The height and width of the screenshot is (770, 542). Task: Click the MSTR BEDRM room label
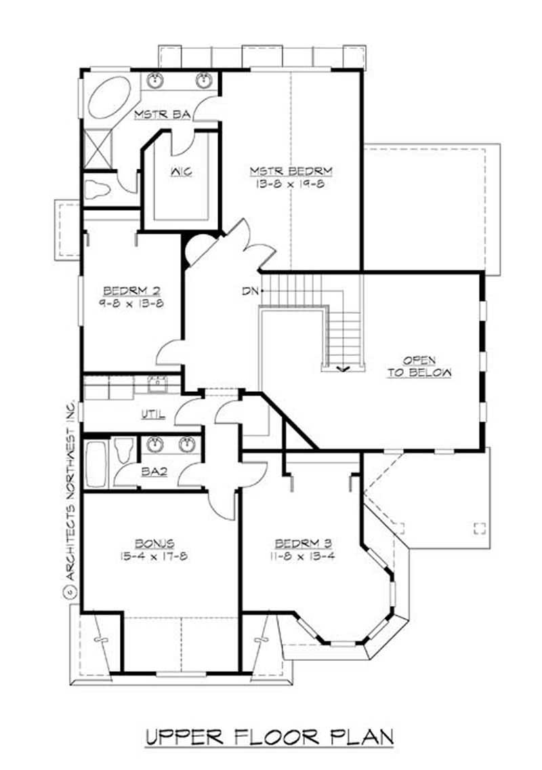pos(290,170)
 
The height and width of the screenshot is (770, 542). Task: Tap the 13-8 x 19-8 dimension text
pos(290,183)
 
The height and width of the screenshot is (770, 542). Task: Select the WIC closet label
pos(180,171)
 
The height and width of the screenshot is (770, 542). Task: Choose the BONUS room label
pos(154,543)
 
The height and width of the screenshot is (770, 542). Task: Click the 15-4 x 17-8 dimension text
pos(154,556)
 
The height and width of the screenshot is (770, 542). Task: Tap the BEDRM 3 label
pos(302,543)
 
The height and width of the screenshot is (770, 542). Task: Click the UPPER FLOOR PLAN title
pos(270,737)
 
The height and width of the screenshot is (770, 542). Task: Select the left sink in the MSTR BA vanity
pos(157,80)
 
